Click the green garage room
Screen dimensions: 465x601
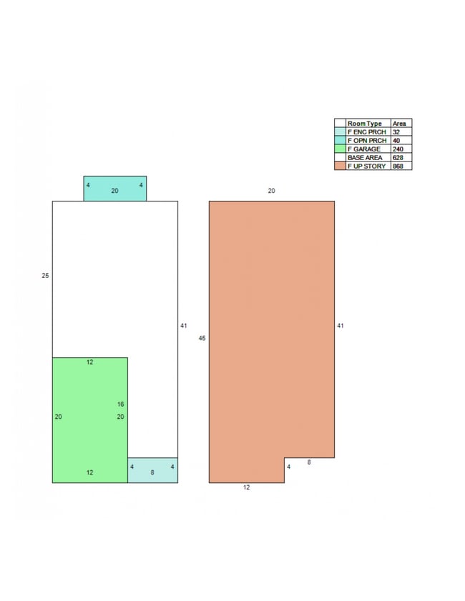click(x=89, y=419)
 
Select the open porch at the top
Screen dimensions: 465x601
click(x=115, y=189)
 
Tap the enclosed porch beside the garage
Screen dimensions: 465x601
click(x=152, y=470)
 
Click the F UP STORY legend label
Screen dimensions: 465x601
click(x=366, y=166)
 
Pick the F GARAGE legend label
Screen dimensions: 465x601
click(x=363, y=149)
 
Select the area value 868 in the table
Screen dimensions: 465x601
click(x=398, y=166)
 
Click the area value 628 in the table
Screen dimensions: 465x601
click(x=398, y=157)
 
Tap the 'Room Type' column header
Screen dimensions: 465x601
click(x=364, y=124)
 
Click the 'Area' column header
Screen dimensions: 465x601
click(x=399, y=124)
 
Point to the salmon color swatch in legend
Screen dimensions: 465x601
click(x=340, y=166)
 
